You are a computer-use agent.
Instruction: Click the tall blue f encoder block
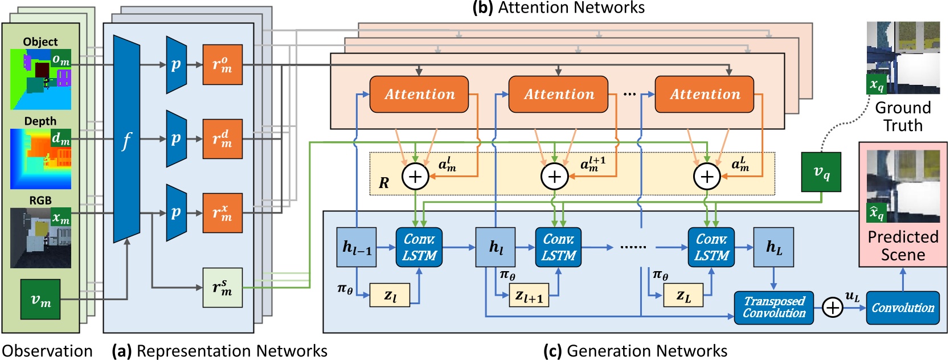(126, 139)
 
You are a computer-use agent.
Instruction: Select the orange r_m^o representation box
(222, 64)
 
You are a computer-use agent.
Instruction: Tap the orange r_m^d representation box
(222, 138)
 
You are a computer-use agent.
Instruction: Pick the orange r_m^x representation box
(222, 213)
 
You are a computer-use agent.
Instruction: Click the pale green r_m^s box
(222, 288)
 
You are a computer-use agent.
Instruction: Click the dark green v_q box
(821, 172)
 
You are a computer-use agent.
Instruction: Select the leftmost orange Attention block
(419, 95)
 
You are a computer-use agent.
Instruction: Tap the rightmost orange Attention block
(705, 95)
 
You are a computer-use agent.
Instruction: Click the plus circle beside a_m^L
(707, 177)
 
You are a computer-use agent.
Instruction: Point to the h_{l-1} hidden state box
(357, 247)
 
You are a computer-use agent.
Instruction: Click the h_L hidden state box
(773, 247)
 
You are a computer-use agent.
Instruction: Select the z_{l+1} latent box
(529, 295)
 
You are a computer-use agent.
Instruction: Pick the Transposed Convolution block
(773, 308)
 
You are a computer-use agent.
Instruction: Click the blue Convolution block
(902, 308)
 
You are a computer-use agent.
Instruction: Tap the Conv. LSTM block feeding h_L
(711, 247)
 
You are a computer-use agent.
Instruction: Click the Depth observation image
(40, 159)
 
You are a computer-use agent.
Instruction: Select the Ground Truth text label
(903, 116)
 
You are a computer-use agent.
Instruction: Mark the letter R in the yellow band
(384, 183)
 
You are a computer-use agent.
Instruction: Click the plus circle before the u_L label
(833, 308)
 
